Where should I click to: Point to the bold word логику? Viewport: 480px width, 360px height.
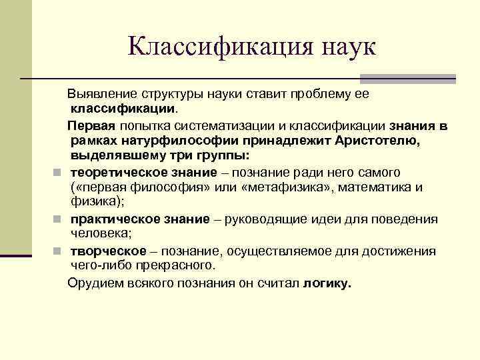(327, 282)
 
